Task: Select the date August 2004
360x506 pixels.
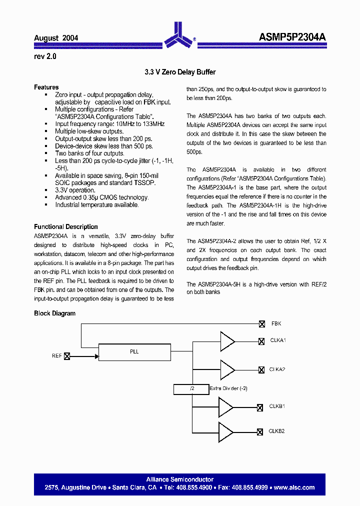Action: pyautogui.click(x=56, y=37)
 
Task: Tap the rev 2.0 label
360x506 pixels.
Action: pyautogui.click(x=45, y=56)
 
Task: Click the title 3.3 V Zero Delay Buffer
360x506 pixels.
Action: pyautogui.click(x=180, y=72)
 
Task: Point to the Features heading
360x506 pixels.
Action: pyautogui.click(x=46, y=87)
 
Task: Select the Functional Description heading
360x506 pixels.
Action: pyautogui.click(x=66, y=226)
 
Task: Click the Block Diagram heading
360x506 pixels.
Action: pyautogui.click(x=54, y=313)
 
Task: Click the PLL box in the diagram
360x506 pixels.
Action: pyautogui.click(x=134, y=352)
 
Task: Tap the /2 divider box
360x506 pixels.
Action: pyautogui.click(x=191, y=388)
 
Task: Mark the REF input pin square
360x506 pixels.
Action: pyautogui.click(x=67, y=356)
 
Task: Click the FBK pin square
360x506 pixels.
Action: pyautogui.click(x=261, y=324)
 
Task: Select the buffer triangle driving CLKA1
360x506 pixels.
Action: pyautogui.click(x=227, y=342)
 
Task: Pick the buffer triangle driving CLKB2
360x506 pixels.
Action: pyautogui.click(x=225, y=431)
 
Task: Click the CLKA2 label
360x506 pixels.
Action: pyautogui.click(x=277, y=369)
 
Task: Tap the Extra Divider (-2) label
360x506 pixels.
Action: pyautogui.click(x=228, y=388)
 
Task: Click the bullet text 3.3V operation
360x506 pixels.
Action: pyautogui.click(x=75, y=190)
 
